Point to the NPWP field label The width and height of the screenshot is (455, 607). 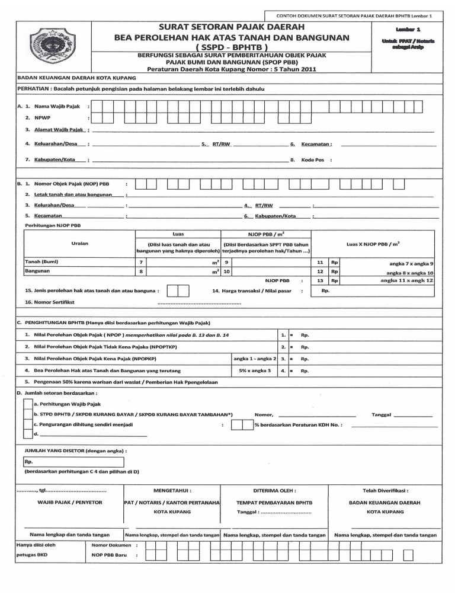click(43, 117)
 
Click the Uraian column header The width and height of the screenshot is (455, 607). click(80, 244)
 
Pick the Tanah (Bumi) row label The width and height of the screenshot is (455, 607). click(41, 261)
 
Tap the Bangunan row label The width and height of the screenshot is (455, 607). click(37, 271)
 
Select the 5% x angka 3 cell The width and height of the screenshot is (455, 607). click(255, 370)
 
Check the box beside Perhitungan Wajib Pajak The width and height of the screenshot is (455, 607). click(27, 404)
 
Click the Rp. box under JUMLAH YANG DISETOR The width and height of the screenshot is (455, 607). click(73, 462)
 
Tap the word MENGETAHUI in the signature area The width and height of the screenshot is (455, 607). click(172, 491)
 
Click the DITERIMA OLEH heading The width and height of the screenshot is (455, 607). click(274, 491)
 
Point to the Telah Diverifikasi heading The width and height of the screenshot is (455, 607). click(385, 491)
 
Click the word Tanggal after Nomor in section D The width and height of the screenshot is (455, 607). click(382, 414)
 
